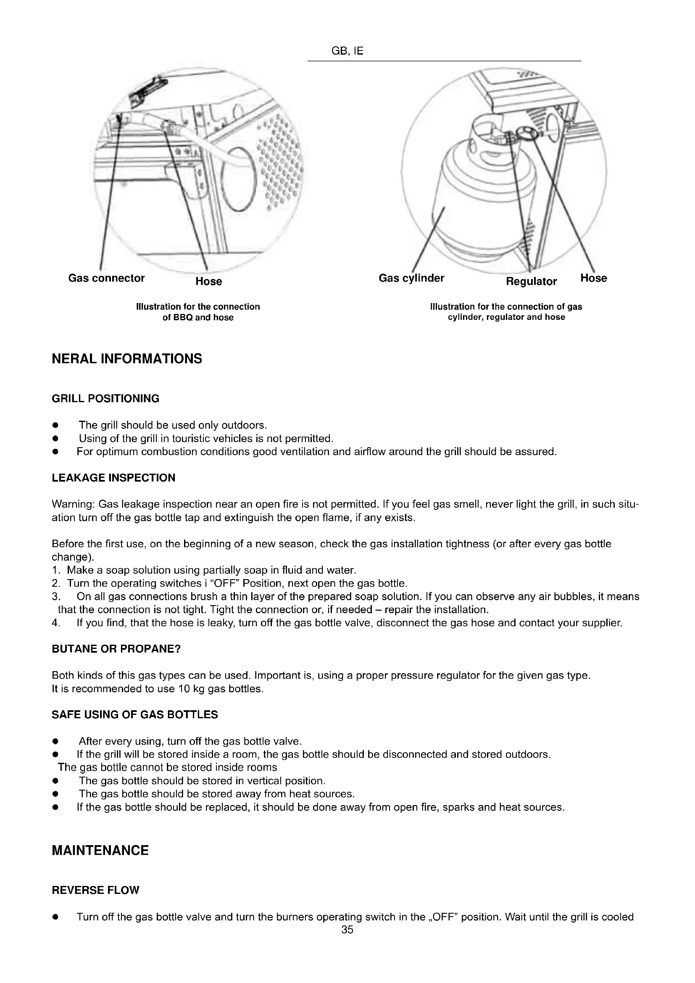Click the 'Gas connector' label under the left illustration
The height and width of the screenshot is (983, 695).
pos(106,278)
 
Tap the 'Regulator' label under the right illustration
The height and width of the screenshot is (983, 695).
pos(531,281)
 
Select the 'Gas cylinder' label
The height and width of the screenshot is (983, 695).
pos(411,278)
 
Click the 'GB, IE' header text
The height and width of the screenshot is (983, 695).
pos(347,51)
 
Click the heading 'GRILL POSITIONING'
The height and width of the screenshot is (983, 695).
pos(105,398)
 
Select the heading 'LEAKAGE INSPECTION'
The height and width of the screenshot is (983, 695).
pos(113,478)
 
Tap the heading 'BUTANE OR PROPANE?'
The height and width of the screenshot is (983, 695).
pos(116,648)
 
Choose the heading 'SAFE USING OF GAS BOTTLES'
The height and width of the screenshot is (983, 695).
pos(135,714)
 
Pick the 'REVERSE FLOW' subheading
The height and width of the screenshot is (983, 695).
pos(95,890)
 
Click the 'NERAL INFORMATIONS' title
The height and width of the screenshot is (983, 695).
pos(126,358)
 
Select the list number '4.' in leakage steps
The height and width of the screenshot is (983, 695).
pos(55,623)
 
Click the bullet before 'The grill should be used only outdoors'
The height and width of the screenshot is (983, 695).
pos(55,426)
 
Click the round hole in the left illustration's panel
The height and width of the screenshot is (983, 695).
pos(242,179)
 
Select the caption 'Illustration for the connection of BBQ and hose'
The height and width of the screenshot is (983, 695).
pos(198,312)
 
